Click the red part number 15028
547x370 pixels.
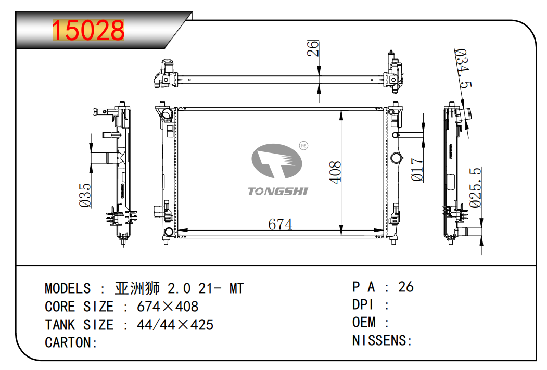tap(88, 30)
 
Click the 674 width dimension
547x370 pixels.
tap(280, 224)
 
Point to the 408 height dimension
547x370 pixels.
tap(335, 172)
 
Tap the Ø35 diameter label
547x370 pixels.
tap(85, 195)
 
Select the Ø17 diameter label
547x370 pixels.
tap(417, 170)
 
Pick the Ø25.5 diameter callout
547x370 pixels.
tap(475, 188)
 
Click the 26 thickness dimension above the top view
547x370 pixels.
tap(313, 48)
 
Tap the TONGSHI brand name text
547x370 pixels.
tap(278, 191)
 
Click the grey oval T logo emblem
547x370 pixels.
tap(277, 161)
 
